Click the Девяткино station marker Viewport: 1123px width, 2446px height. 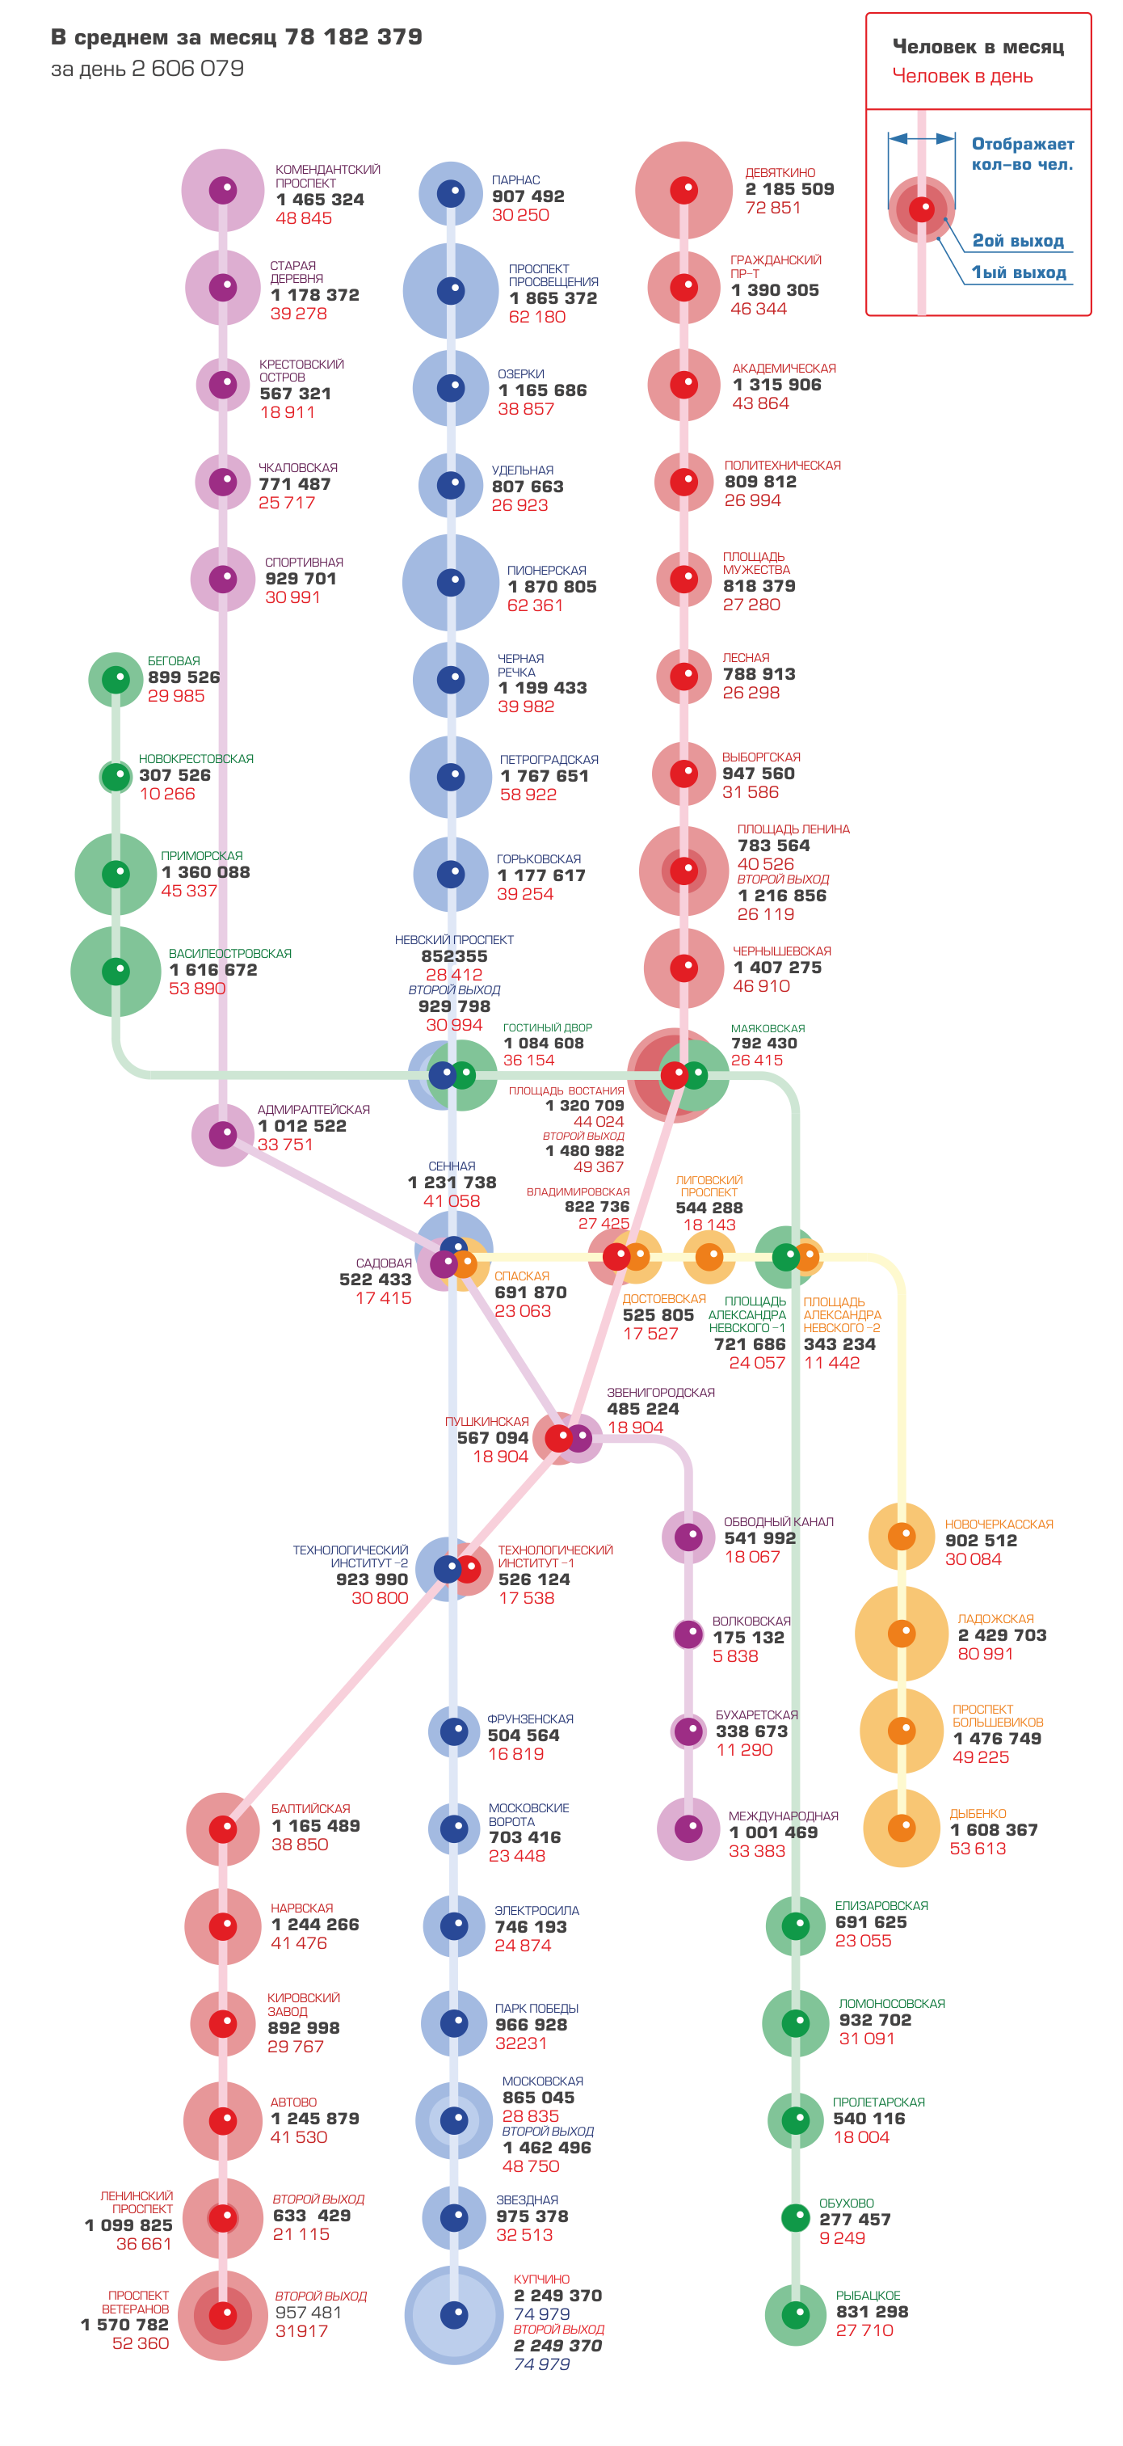(x=683, y=190)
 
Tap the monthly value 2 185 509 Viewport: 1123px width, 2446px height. (x=789, y=189)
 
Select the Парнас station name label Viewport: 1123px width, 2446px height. (x=515, y=179)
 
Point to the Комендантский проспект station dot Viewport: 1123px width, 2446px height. (x=223, y=190)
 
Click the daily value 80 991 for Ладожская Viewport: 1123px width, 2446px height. (x=986, y=1653)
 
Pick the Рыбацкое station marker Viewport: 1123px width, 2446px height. (x=796, y=2314)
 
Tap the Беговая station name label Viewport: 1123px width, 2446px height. (x=174, y=661)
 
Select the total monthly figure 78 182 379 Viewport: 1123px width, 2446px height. (x=353, y=37)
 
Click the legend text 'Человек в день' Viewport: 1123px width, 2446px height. (x=961, y=76)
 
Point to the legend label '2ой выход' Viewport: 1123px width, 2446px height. (x=1018, y=240)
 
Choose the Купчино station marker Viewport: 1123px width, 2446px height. (x=454, y=2315)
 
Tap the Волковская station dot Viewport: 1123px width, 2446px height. (x=688, y=1634)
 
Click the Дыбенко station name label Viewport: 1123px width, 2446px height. (x=978, y=1814)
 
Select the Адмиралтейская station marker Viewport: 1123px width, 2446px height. (x=223, y=1135)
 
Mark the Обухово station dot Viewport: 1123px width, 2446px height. (x=796, y=2218)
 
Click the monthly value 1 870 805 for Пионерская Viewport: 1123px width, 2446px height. (x=553, y=587)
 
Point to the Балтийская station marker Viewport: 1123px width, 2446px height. (x=223, y=1828)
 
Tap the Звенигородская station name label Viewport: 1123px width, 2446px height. (x=661, y=1392)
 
